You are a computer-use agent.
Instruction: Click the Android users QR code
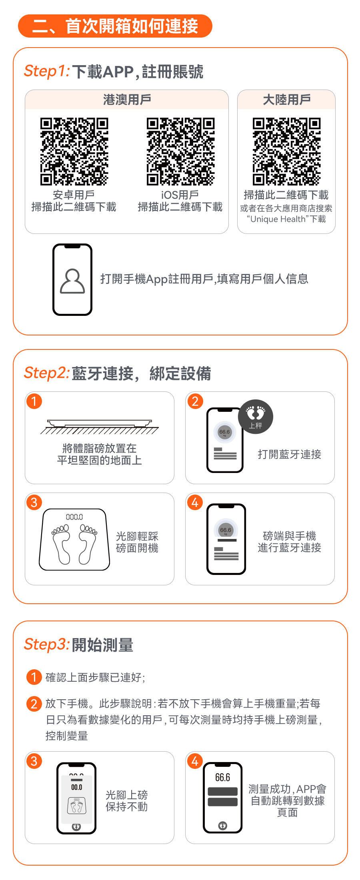[x=74, y=152]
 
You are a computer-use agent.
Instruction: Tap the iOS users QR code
[x=180, y=152]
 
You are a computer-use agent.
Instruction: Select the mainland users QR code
[x=286, y=152]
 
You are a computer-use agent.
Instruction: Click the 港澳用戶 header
[x=127, y=100]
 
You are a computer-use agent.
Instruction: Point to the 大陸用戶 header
[x=286, y=100]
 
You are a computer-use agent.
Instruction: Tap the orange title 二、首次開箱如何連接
[x=115, y=26]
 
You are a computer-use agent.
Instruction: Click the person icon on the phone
[x=72, y=281]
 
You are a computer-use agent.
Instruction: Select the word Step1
[x=47, y=71]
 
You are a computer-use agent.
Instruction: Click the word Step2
[x=47, y=373]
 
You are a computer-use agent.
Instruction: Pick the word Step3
[x=47, y=644]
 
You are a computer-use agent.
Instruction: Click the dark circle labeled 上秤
[x=256, y=417]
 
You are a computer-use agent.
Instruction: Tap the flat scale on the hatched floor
[x=100, y=423]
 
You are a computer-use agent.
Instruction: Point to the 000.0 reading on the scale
[x=74, y=517]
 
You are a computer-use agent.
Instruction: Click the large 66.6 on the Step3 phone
[x=223, y=777]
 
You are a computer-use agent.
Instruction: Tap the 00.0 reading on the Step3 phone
[x=76, y=787]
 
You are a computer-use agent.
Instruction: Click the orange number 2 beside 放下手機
[x=34, y=704]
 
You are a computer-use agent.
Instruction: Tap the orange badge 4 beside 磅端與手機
[x=195, y=502]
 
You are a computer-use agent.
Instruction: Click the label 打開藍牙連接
[x=290, y=454]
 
